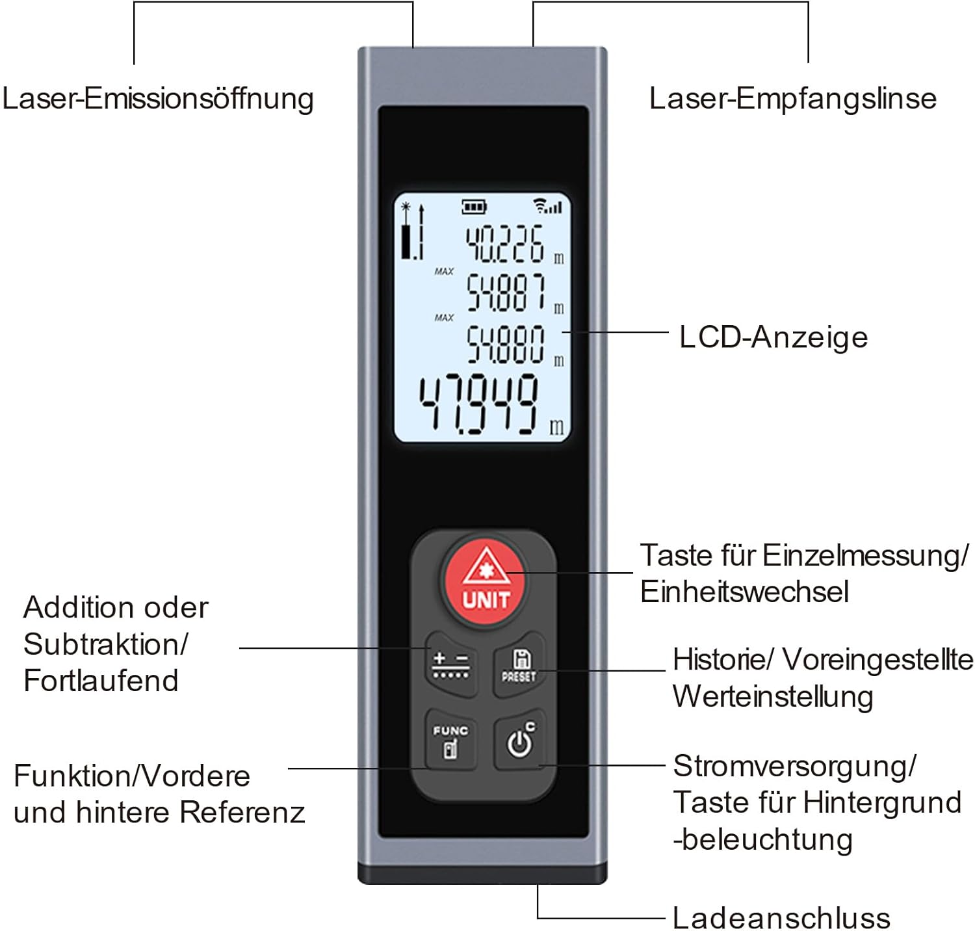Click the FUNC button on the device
pos(450,740)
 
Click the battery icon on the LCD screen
pos(474,207)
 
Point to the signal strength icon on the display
pos(547,205)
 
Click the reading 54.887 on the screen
pos(506,293)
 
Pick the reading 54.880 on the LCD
pos(506,343)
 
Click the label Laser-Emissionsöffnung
pos(158,99)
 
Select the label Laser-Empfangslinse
pos(793,99)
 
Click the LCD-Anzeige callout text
pos(773,337)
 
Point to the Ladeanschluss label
pos(781,917)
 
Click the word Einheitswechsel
pos(744,592)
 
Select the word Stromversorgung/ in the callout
pos(794,767)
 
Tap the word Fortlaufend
pos(101,681)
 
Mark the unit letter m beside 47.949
pos(557,427)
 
